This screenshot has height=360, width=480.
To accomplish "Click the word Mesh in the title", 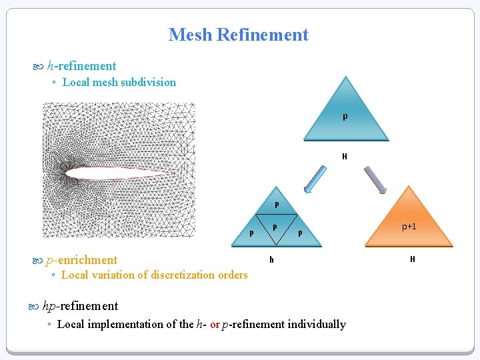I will coord(191,35).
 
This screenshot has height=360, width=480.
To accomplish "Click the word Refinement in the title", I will coord(263,35).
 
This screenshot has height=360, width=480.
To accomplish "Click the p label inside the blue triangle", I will coord(345,117).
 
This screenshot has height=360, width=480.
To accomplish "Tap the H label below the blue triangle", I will coord(345,157).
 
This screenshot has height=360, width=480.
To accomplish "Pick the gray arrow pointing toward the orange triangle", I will coord(375,179).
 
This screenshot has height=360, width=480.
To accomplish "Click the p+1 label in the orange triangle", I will coord(409,227).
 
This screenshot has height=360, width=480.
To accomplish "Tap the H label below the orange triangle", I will coord(413,259).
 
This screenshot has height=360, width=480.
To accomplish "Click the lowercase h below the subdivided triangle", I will coord(271,259).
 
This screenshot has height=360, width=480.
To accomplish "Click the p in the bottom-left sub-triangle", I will coord(251,233).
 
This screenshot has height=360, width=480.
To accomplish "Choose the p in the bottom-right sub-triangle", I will coord(300,233).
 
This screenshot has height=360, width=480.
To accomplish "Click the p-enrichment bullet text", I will coord(81,260).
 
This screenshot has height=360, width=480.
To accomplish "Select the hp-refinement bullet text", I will coord(79,306).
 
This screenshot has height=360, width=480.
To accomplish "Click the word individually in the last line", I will coord(317,325).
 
